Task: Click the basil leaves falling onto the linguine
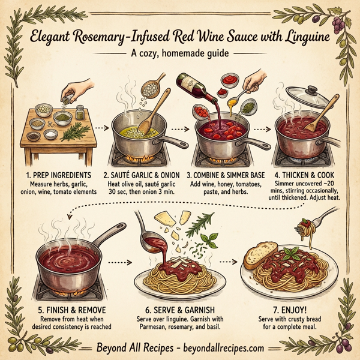click(x=210, y=243)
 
